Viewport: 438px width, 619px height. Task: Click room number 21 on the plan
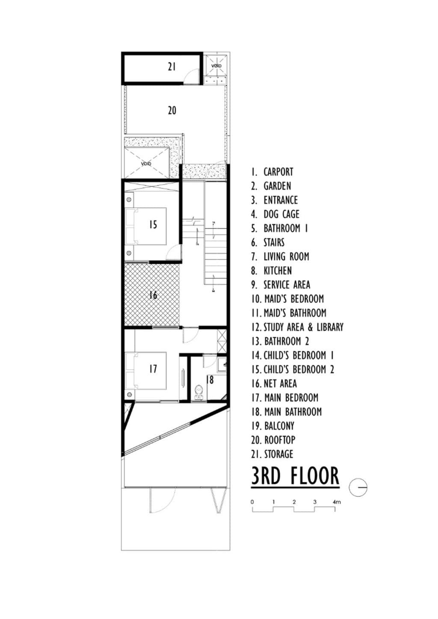[172, 67]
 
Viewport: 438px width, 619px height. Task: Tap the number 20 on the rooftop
[172, 110]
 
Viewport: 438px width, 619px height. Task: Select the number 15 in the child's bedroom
[153, 224]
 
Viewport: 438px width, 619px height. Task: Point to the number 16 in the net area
[153, 295]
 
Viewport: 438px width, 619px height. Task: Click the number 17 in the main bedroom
[153, 369]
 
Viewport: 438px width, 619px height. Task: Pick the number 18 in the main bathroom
[210, 379]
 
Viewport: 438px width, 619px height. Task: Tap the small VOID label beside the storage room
[216, 66]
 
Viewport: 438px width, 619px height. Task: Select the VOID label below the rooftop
[146, 164]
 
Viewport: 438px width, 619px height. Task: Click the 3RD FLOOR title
[295, 476]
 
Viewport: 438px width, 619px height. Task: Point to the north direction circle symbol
[358, 487]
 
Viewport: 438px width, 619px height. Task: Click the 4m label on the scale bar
[337, 502]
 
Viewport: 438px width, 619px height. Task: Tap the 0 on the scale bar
[252, 502]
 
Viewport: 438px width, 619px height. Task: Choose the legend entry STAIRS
[273, 242]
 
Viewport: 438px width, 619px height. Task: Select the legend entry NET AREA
[280, 383]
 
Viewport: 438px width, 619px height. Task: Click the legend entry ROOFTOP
[279, 440]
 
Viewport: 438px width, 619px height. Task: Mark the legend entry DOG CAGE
[281, 214]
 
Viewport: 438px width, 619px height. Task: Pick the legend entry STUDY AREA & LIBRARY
[303, 327]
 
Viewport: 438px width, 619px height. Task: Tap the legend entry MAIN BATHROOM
[293, 411]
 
